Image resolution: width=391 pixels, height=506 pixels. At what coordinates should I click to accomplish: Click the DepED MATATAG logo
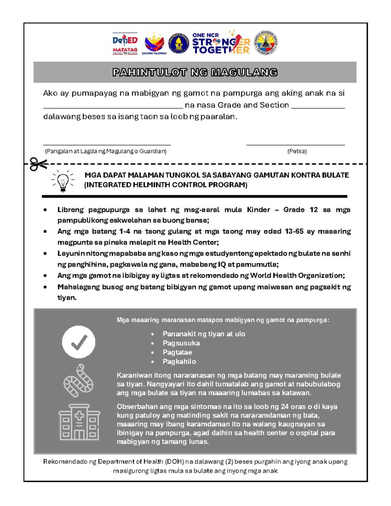(125, 43)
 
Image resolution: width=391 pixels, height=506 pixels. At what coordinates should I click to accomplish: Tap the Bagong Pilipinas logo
(154, 44)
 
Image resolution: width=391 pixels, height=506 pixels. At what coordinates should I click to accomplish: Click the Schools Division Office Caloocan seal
(266, 43)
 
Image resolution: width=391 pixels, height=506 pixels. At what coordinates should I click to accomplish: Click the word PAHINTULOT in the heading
(150, 72)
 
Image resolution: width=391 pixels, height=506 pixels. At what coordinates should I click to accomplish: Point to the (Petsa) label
(297, 151)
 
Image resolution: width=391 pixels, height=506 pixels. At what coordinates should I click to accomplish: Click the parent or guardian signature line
(107, 144)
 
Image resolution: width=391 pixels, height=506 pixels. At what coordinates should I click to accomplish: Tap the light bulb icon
(63, 181)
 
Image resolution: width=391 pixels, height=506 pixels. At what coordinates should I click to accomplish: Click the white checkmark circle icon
(79, 342)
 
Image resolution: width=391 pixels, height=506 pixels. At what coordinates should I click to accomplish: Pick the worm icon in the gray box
(79, 381)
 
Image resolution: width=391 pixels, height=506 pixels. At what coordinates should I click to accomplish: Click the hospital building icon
(79, 422)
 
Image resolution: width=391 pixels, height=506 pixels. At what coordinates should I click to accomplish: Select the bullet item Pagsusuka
(181, 343)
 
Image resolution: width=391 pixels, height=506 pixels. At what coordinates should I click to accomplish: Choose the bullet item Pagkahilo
(179, 361)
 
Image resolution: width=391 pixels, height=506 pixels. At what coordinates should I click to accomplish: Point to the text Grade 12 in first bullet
(300, 210)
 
